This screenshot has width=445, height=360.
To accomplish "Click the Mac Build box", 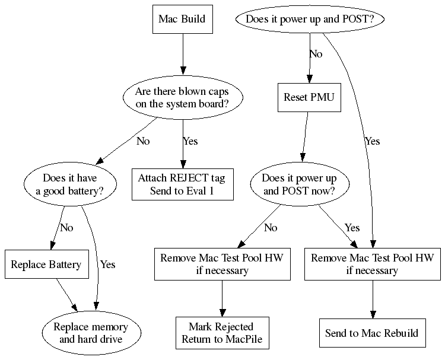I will pyautogui.click(x=182, y=19).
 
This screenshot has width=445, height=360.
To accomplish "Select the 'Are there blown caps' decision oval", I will pyautogui.click(x=182, y=98).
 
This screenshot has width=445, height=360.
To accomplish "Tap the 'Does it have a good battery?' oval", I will pyautogui.click(x=70, y=183).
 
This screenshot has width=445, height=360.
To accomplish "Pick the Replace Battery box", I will pyautogui.click(x=46, y=264).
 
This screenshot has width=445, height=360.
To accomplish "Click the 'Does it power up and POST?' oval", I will pyautogui.click(x=310, y=19).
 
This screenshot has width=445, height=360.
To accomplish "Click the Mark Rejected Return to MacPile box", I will pyautogui.click(x=221, y=333).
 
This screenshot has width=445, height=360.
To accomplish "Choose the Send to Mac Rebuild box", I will pyautogui.click(x=372, y=333).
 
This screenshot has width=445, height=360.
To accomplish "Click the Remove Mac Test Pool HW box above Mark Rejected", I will pyautogui.click(x=221, y=264).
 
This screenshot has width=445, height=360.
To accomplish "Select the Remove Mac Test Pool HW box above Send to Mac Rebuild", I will pyautogui.click(x=372, y=264).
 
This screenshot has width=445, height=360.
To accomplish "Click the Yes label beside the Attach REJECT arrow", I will pyautogui.click(x=190, y=141).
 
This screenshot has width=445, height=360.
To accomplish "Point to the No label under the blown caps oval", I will pyautogui.click(x=143, y=141).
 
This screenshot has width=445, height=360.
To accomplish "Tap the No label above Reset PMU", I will pyautogui.click(x=316, y=54).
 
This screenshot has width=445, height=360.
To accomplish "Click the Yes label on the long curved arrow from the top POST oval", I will pyautogui.click(x=372, y=141).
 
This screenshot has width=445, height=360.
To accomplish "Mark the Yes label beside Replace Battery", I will pyautogui.click(x=107, y=264).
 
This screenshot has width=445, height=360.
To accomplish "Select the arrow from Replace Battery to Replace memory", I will pyautogui.click(x=66, y=295).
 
